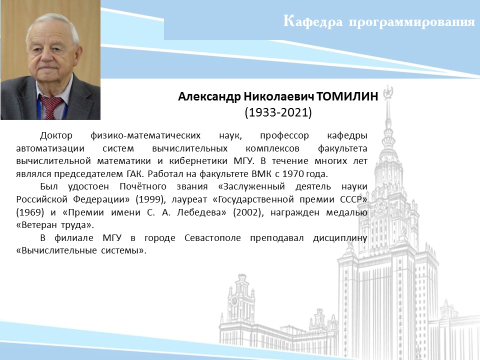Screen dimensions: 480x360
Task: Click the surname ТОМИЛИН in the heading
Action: (347, 96)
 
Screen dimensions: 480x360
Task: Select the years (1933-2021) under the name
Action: (278, 112)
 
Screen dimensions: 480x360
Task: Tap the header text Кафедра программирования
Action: (379, 21)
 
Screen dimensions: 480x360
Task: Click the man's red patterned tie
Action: (50, 107)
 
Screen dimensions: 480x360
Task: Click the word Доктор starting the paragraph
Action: (56, 135)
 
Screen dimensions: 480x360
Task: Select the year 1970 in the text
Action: (292, 174)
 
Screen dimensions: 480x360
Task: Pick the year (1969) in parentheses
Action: (30, 212)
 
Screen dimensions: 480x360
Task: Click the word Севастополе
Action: (213, 238)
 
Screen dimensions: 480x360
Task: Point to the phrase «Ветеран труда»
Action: (55, 225)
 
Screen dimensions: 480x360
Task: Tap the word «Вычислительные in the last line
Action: (56, 250)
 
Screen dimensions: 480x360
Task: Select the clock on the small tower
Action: (234, 300)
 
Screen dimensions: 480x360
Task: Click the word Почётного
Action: (143, 186)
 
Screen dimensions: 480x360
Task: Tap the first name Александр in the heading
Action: (209, 96)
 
